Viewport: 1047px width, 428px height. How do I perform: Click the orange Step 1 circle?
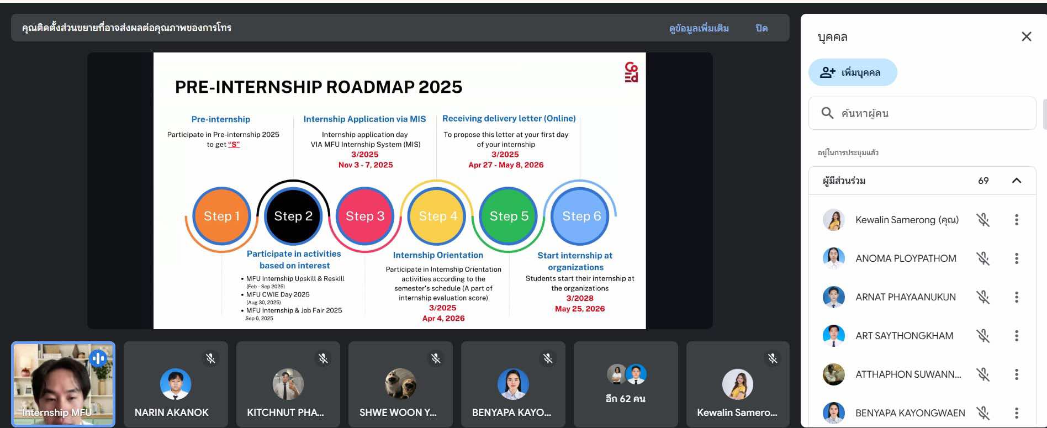click(221, 216)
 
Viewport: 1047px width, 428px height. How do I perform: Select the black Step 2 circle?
click(293, 216)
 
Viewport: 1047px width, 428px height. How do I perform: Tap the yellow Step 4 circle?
click(437, 216)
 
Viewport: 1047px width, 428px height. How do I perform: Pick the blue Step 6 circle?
click(581, 216)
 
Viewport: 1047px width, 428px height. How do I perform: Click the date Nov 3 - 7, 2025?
click(366, 165)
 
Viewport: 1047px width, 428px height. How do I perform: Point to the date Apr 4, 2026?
click(443, 318)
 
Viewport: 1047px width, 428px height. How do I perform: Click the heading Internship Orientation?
click(438, 255)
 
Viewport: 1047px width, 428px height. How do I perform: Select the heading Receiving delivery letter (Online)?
click(509, 118)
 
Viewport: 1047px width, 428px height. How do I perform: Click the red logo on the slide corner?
click(631, 72)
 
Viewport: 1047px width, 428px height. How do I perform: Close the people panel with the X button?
click(1027, 36)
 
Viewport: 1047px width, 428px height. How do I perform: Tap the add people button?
click(853, 72)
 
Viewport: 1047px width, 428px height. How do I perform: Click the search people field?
click(922, 113)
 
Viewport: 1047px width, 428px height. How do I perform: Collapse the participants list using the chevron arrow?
click(1017, 181)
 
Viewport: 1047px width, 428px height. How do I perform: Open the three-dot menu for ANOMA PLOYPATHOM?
click(1016, 258)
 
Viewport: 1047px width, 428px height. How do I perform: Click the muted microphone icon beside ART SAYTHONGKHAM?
click(983, 336)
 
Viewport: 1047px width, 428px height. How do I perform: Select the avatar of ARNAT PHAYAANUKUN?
click(834, 297)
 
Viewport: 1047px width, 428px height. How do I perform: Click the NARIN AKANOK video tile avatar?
click(176, 384)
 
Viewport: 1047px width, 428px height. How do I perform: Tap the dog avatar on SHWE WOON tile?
click(400, 384)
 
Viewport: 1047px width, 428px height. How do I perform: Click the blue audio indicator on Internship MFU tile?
click(98, 358)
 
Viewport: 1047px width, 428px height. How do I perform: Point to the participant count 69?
click(983, 181)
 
